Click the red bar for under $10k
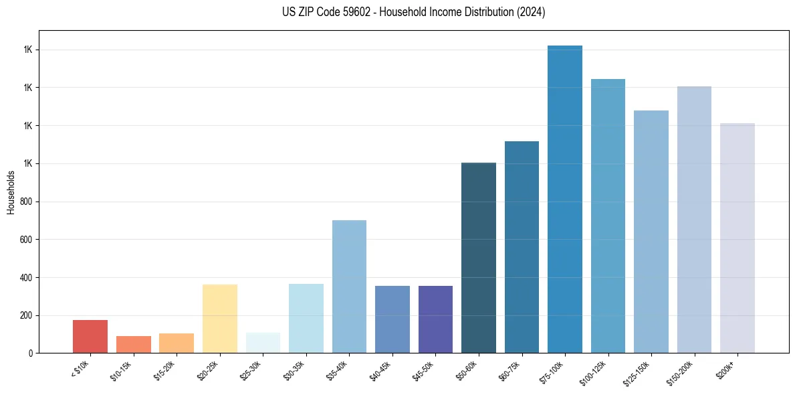pyautogui.click(x=90, y=336)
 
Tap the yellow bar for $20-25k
pyautogui.click(x=220, y=319)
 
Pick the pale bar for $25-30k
pyautogui.click(x=263, y=342)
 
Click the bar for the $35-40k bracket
pyautogui.click(x=349, y=287)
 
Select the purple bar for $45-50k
pyautogui.click(x=435, y=319)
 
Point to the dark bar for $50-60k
pyautogui.click(x=479, y=258)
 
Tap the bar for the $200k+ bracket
pyautogui.click(x=737, y=238)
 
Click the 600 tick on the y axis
pyautogui.click(x=28, y=240)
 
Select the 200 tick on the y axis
pyautogui.click(x=28, y=315)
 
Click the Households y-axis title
pyautogui.click(x=11, y=192)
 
